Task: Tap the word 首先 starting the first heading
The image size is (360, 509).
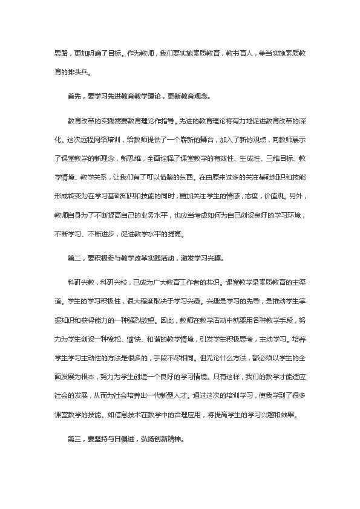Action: (74, 95)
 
